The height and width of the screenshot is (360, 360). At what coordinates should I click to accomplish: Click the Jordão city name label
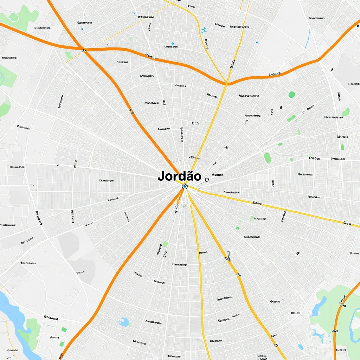pyautogui.click(x=179, y=176)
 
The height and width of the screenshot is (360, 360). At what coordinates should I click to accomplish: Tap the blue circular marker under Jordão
pyautogui.click(x=185, y=186)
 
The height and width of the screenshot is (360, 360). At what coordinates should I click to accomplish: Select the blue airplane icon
pyautogui.click(x=204, y=31)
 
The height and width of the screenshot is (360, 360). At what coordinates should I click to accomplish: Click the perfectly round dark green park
pyautogui.click(x=292, y=94)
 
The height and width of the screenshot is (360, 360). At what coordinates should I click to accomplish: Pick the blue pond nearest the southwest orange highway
pyautogui.click(x=123, y=322)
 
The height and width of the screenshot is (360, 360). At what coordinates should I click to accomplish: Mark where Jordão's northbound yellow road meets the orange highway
pyautogui.click(x=227, y=83)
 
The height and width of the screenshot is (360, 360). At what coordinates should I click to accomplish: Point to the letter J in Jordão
pyautogui.click(x=161, y=176)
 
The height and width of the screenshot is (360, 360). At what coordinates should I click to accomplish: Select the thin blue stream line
pyautogui.click(x=308, y=39)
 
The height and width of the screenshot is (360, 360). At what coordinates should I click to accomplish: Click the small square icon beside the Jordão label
pyautogui.click(x=207, y=180)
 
